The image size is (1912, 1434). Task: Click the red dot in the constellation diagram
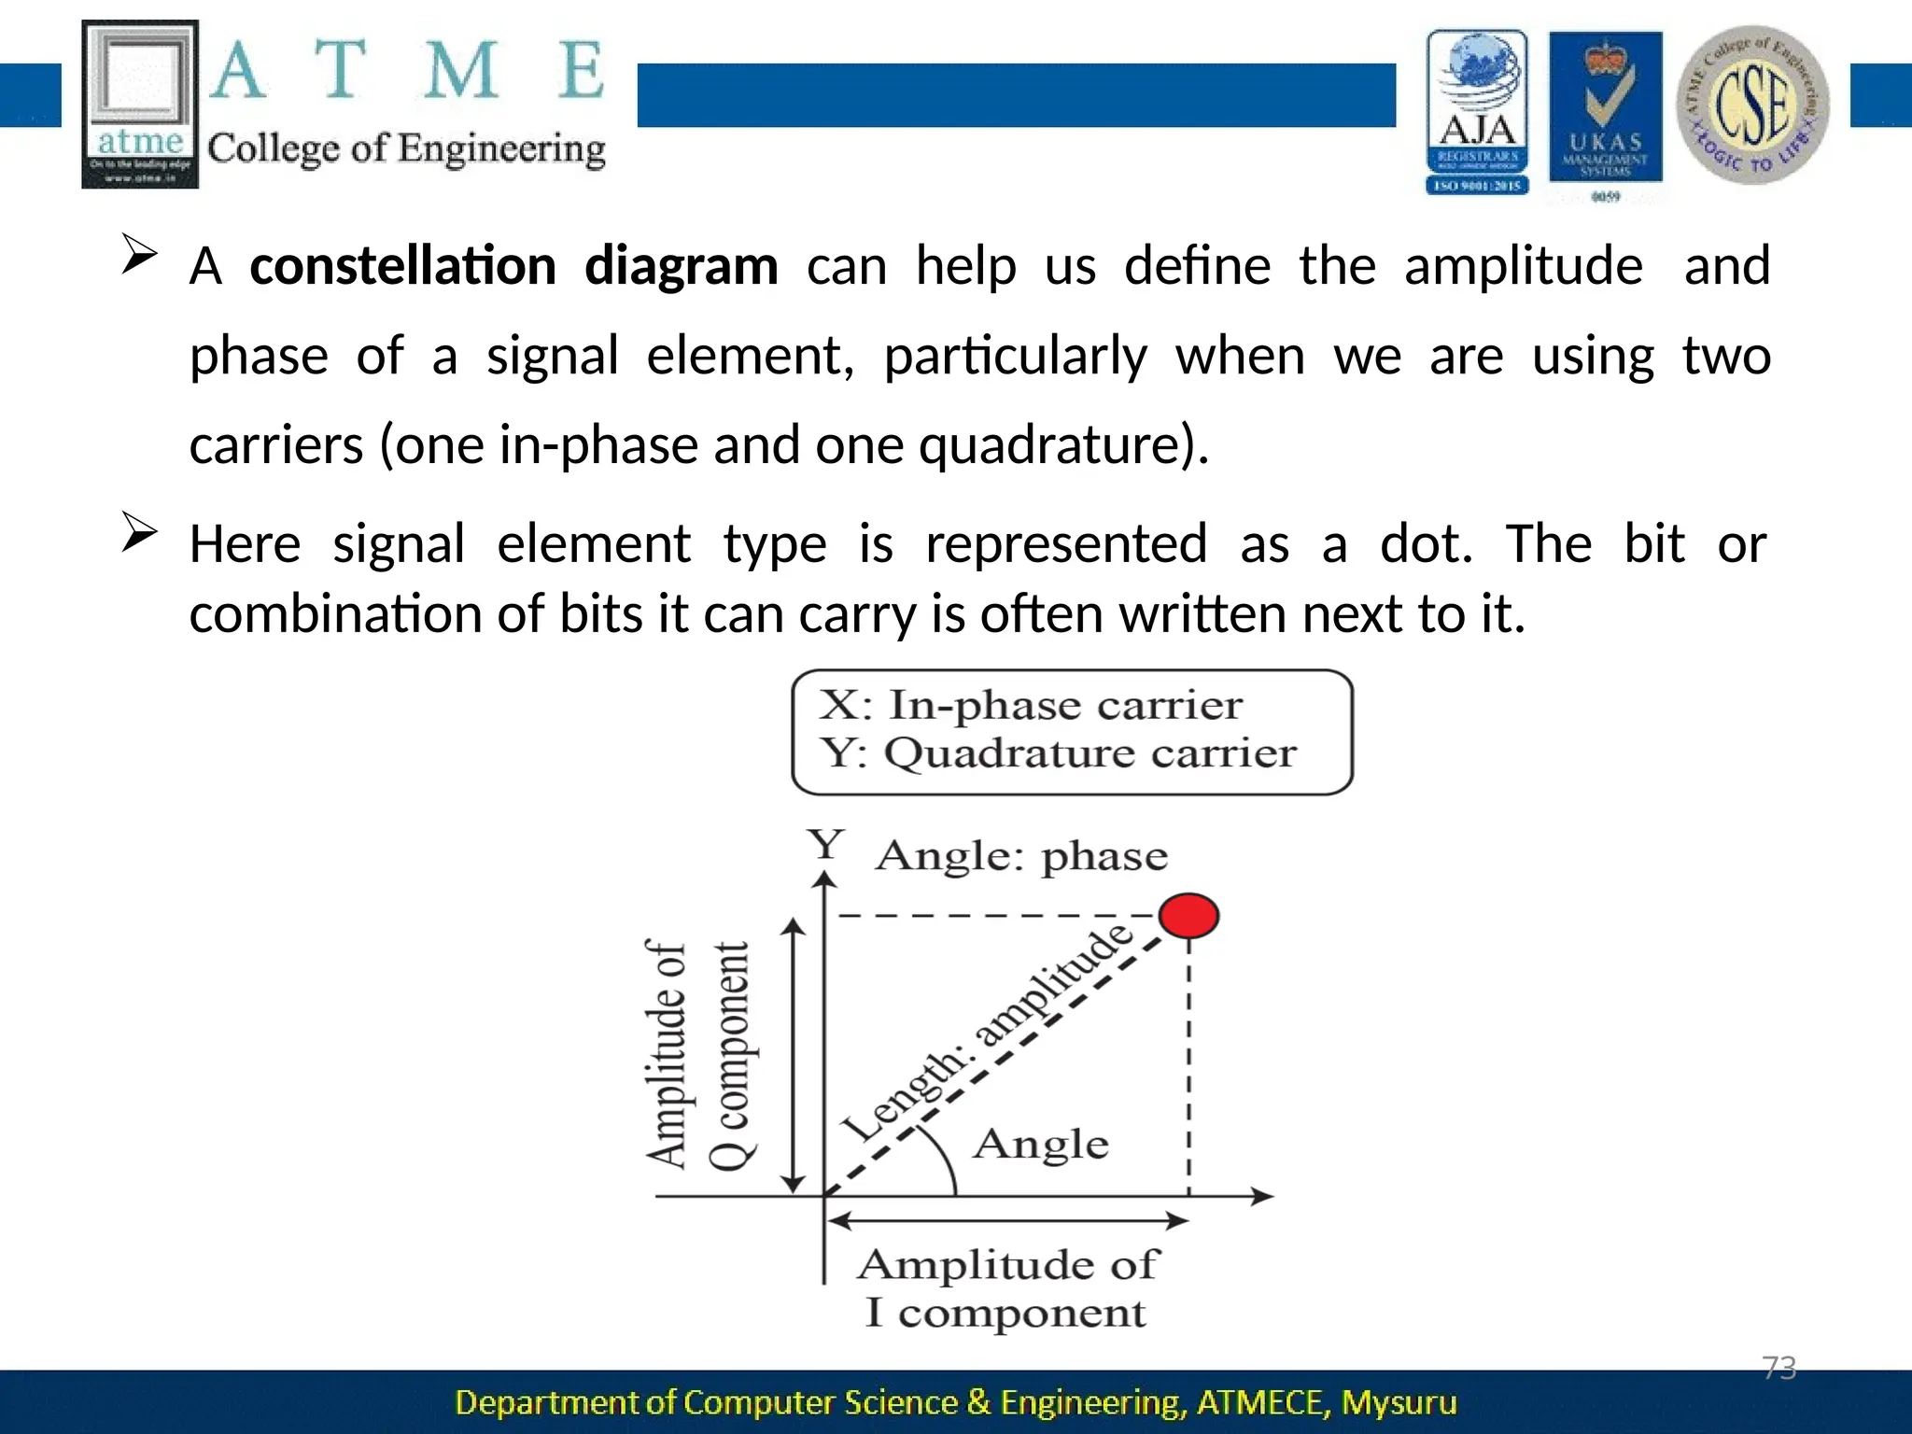click(x=1188, y=915)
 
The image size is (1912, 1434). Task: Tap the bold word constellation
click(x=402, y=266)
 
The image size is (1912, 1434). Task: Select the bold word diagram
click(x=681, y=266)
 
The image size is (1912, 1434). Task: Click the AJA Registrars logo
click(x=1477, y=112)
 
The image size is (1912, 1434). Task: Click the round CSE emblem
click(x=1752, y=105)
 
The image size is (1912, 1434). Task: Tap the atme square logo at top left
click(x=140, y=105)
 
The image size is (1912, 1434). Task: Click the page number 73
click(x=1778, y=1368)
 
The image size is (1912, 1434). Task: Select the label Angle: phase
click(x=1021, y=856)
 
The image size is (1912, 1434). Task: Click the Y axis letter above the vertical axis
click(x=826, y=846)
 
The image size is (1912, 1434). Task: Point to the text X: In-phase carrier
click(x=1031, y=705)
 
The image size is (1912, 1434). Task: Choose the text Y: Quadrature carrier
click(x=1058, y=752)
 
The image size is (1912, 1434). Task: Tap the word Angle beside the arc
click(x=1041, y=1144)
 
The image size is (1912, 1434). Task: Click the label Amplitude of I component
click(x=1006, y=1288)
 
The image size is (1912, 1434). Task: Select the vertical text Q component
click(x=729, y=1055)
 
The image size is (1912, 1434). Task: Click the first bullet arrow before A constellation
click(x=139, y=254)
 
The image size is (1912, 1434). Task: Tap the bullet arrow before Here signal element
click(x=139, y=533)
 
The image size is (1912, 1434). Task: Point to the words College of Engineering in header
click(x=406, y=149)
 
